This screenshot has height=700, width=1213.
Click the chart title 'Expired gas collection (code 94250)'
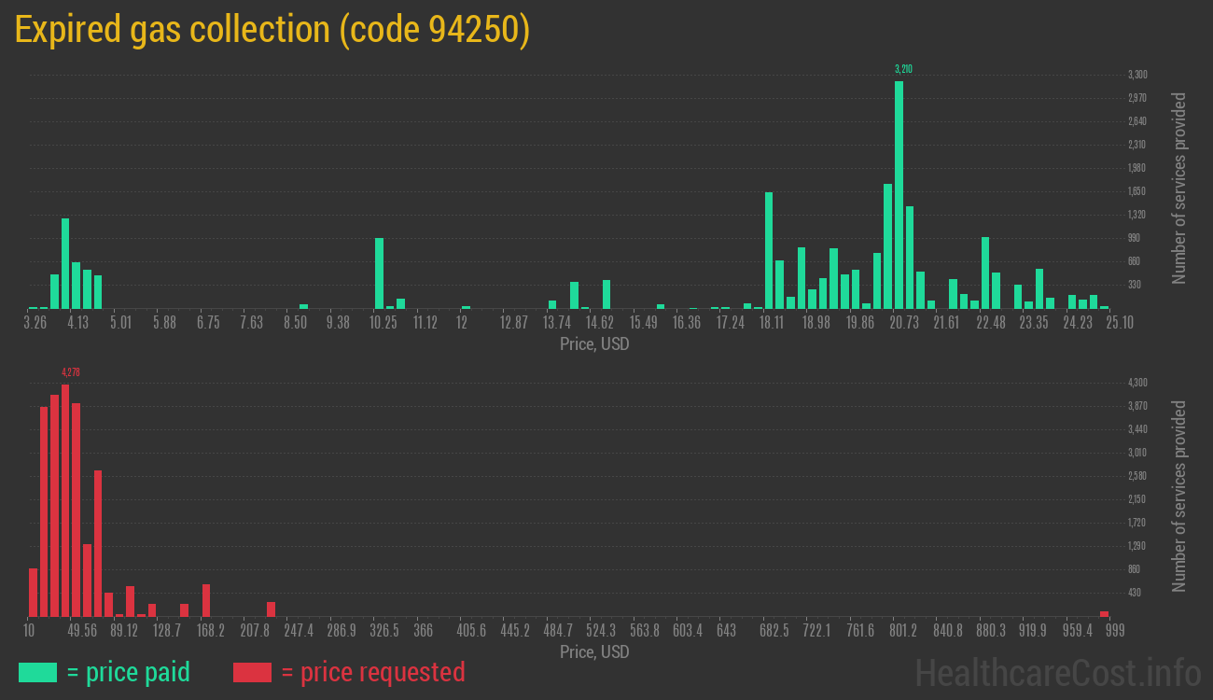(x=272, y=31)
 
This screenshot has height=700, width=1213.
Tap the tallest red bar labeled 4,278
(x=65, y=500)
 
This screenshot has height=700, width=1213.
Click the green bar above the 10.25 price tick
(x=379, y=273)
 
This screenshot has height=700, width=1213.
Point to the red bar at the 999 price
(x=1104, y=613)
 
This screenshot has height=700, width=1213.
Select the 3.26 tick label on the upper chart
(x=35, y=323)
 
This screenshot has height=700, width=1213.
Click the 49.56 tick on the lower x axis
(x=82, y=631)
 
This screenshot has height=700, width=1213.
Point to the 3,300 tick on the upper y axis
(x=1136, y=75)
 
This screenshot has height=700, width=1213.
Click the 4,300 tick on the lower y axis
(x=1136, y=383)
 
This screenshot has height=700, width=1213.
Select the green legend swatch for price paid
(x=37, y=672)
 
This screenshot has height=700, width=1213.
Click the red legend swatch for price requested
(x=252, y=672)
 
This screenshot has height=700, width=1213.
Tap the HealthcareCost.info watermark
(x=1057, y=672)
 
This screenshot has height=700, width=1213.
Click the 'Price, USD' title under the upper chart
(x=594, y=344)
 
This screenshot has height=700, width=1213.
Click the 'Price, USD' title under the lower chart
(x=594, y=651)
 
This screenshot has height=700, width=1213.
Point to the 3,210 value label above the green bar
(x=902, y=69)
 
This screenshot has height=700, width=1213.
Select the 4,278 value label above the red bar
(x=70, y=372)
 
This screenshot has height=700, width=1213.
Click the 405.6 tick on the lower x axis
(x=471, y=631)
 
